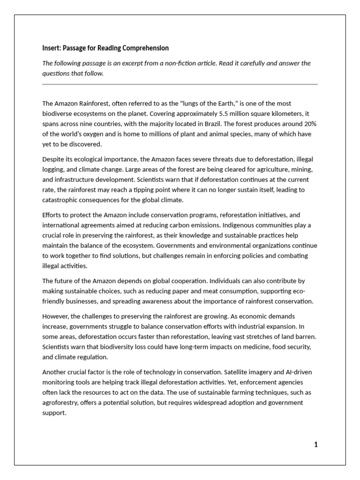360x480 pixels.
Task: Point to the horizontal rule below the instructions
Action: coord(180,84)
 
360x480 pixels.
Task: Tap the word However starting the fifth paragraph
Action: coord(56,316)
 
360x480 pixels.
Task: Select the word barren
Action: coord(307,337)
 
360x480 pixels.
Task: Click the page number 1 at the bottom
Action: coord(316,445)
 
